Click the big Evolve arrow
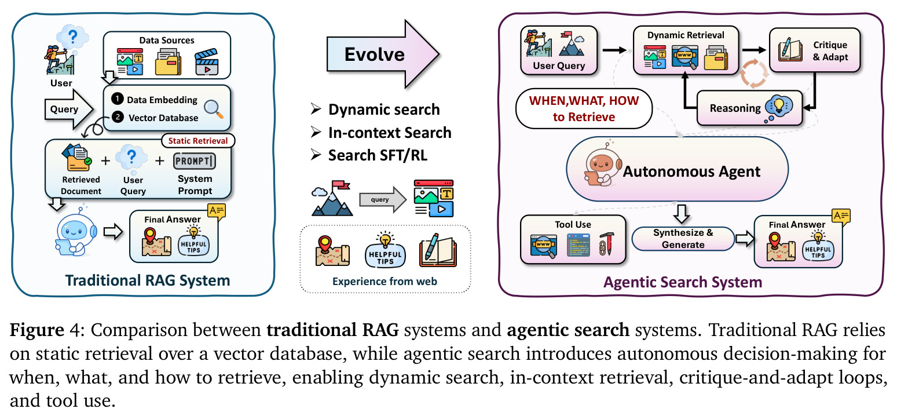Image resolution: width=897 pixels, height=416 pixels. tap(382, 54)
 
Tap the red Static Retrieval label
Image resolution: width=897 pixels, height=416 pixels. tap(198, 141)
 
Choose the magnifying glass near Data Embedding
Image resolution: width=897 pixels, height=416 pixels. tap(214, 109)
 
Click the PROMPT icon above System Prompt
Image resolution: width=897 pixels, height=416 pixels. tap(195, 161)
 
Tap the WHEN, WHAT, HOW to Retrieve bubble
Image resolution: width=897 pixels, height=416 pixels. tap(584, 108)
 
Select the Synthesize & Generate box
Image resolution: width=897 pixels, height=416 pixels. tap(683, 239)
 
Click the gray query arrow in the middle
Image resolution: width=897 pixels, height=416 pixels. tap(382, 199)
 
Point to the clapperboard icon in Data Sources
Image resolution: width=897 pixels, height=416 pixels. tap(207, 62)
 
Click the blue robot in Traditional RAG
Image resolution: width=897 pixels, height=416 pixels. tap(75, 232)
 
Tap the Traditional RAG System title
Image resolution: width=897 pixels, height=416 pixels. tap(147, 280)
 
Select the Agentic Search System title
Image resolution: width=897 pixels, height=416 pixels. tap(683, 282)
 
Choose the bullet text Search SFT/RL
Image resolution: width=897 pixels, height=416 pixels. tap(378, 155)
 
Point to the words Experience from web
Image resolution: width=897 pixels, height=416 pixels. tap(385, 282)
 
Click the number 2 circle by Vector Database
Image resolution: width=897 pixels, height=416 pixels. tap(118, 116)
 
